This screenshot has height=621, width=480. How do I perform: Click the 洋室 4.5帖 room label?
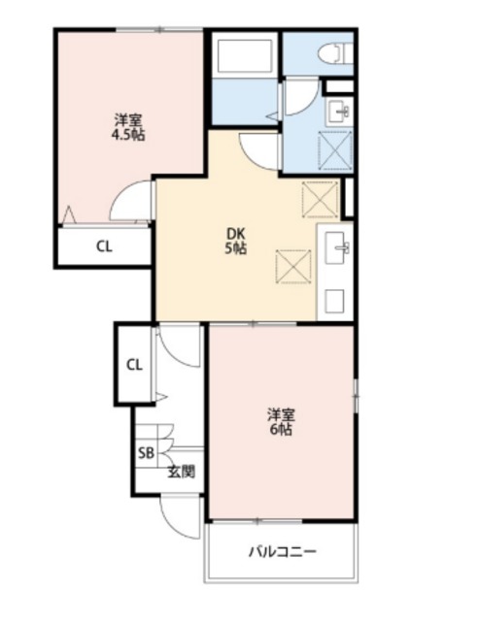[128, 127]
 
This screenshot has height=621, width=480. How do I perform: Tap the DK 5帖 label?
[236, 241]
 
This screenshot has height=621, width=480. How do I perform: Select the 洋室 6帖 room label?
[281, 421]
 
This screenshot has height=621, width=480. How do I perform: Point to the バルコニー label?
[283, 551]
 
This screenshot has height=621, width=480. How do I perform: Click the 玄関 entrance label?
[181, 472]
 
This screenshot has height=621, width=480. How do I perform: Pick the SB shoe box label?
[146, 453]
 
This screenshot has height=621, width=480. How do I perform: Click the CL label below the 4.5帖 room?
[104, 246]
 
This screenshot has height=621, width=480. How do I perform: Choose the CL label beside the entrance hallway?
[134, 365]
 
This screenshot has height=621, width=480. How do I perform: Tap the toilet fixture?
[335, 53]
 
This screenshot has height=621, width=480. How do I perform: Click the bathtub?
[244, 56]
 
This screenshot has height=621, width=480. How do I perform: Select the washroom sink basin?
[337, 112]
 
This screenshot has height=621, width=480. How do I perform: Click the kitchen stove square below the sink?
[334, 302]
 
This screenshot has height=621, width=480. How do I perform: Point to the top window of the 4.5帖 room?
[158, 30]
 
